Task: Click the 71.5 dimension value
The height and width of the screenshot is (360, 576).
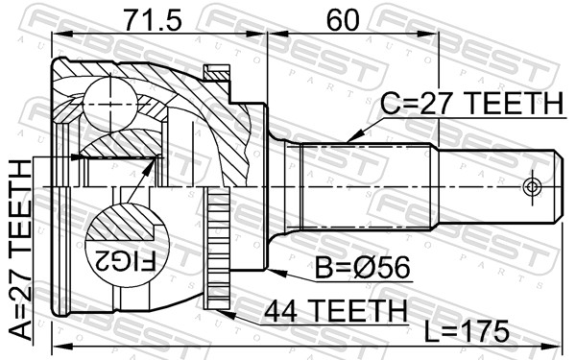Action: [x=152, y=20]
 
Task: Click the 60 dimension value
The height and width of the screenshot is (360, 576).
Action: [x=343, y=20]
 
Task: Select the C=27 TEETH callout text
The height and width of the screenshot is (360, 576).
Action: [x=471, y=103]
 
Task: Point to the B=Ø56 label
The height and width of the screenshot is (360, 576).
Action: [x=362, y=268]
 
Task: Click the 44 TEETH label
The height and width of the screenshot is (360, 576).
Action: [x=336, y=311]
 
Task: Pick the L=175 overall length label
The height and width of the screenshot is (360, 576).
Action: [x=467, y=331]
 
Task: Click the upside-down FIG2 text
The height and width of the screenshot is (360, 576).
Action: [x=125, y=261]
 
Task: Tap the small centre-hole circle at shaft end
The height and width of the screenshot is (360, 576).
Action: [x=532, y=187]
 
